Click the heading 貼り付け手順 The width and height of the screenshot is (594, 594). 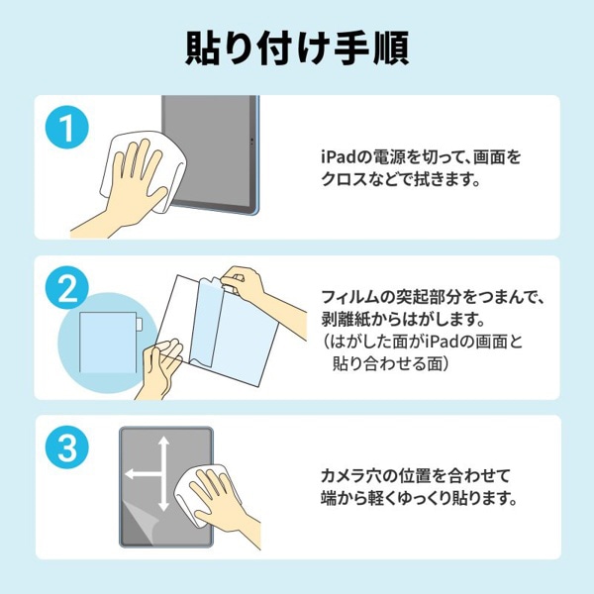point(297,48)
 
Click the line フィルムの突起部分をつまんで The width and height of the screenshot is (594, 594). point(433,297)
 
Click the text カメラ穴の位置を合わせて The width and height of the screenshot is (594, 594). point(417,476)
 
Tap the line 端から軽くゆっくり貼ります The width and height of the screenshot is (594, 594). point(419,499)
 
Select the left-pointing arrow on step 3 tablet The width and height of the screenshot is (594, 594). point(135,478)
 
